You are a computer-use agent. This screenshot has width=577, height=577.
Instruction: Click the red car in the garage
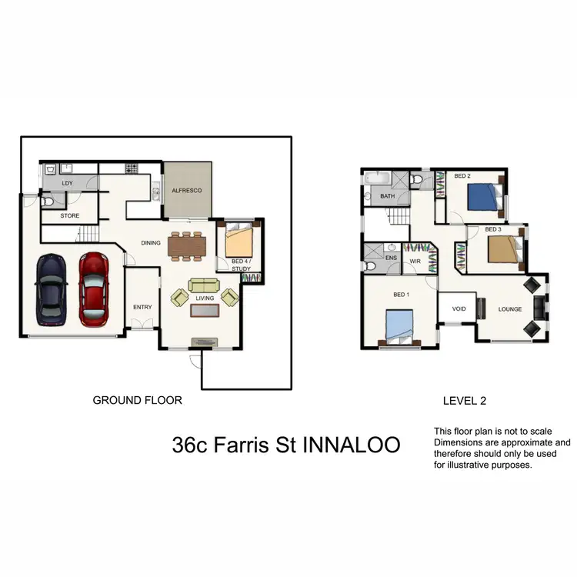coord(94,290)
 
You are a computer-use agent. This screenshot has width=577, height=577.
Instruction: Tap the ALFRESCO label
coord(186,189)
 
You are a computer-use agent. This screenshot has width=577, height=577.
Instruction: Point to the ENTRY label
coord(142,307)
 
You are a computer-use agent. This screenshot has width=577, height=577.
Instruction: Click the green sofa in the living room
coord(204,285)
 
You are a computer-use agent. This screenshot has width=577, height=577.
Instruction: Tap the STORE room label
coord(70,216)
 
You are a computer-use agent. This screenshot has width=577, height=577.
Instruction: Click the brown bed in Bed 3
coord(501,249)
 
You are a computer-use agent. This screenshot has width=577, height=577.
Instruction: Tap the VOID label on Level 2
coord(459,309)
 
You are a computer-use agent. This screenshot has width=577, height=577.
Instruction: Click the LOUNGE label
coord(510,309)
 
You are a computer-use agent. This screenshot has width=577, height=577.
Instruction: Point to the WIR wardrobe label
coord(414,261)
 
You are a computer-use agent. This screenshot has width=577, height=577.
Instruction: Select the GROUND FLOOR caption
coord(137,400)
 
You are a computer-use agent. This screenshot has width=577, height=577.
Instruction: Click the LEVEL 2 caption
coord(465,400)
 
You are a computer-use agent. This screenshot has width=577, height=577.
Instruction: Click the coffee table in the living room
coord(204,310)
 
